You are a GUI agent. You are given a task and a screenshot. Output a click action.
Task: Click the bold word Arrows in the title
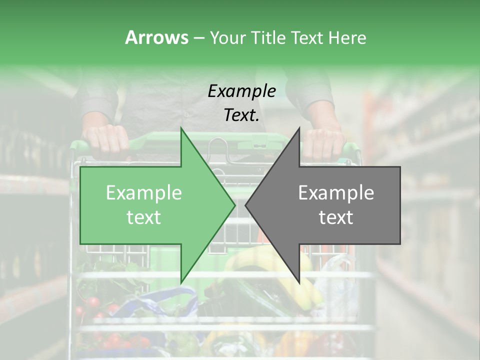pyautogui.click(x=156, y=37)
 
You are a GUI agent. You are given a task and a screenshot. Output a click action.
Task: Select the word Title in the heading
pyautogui.click(x=268, y=37)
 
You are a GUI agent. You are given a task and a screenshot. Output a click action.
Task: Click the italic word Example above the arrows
pyautogui.click(x=241, y=91)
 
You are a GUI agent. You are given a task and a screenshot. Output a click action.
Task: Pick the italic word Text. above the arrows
pyautogui.click(x=241, y=115)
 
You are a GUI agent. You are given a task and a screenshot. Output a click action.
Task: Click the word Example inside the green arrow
pyautogui.click(x=143, y=193)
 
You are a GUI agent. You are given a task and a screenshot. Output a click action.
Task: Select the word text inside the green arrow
pyautogui.click(x=143, y=217)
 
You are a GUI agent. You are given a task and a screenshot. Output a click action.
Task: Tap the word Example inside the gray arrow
pyautogui.click(x=336, y=193)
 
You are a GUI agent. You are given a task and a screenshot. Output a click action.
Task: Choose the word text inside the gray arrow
pyautogui.click(x=336, y=217)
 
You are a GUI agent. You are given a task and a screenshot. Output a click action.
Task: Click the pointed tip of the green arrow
pyautogui.click(x=235, y=205)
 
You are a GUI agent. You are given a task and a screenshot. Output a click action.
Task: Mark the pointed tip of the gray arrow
pyautogui.click(x=245, y=205)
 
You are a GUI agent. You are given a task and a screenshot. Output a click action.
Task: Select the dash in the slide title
pyautogui.click(x=198, y=38)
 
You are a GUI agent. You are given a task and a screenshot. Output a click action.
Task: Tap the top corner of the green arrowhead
pyautogui.click(x=181, y=128)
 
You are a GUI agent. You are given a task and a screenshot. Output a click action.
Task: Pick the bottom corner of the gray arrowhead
pyautogui.click(x=299, y=283)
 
